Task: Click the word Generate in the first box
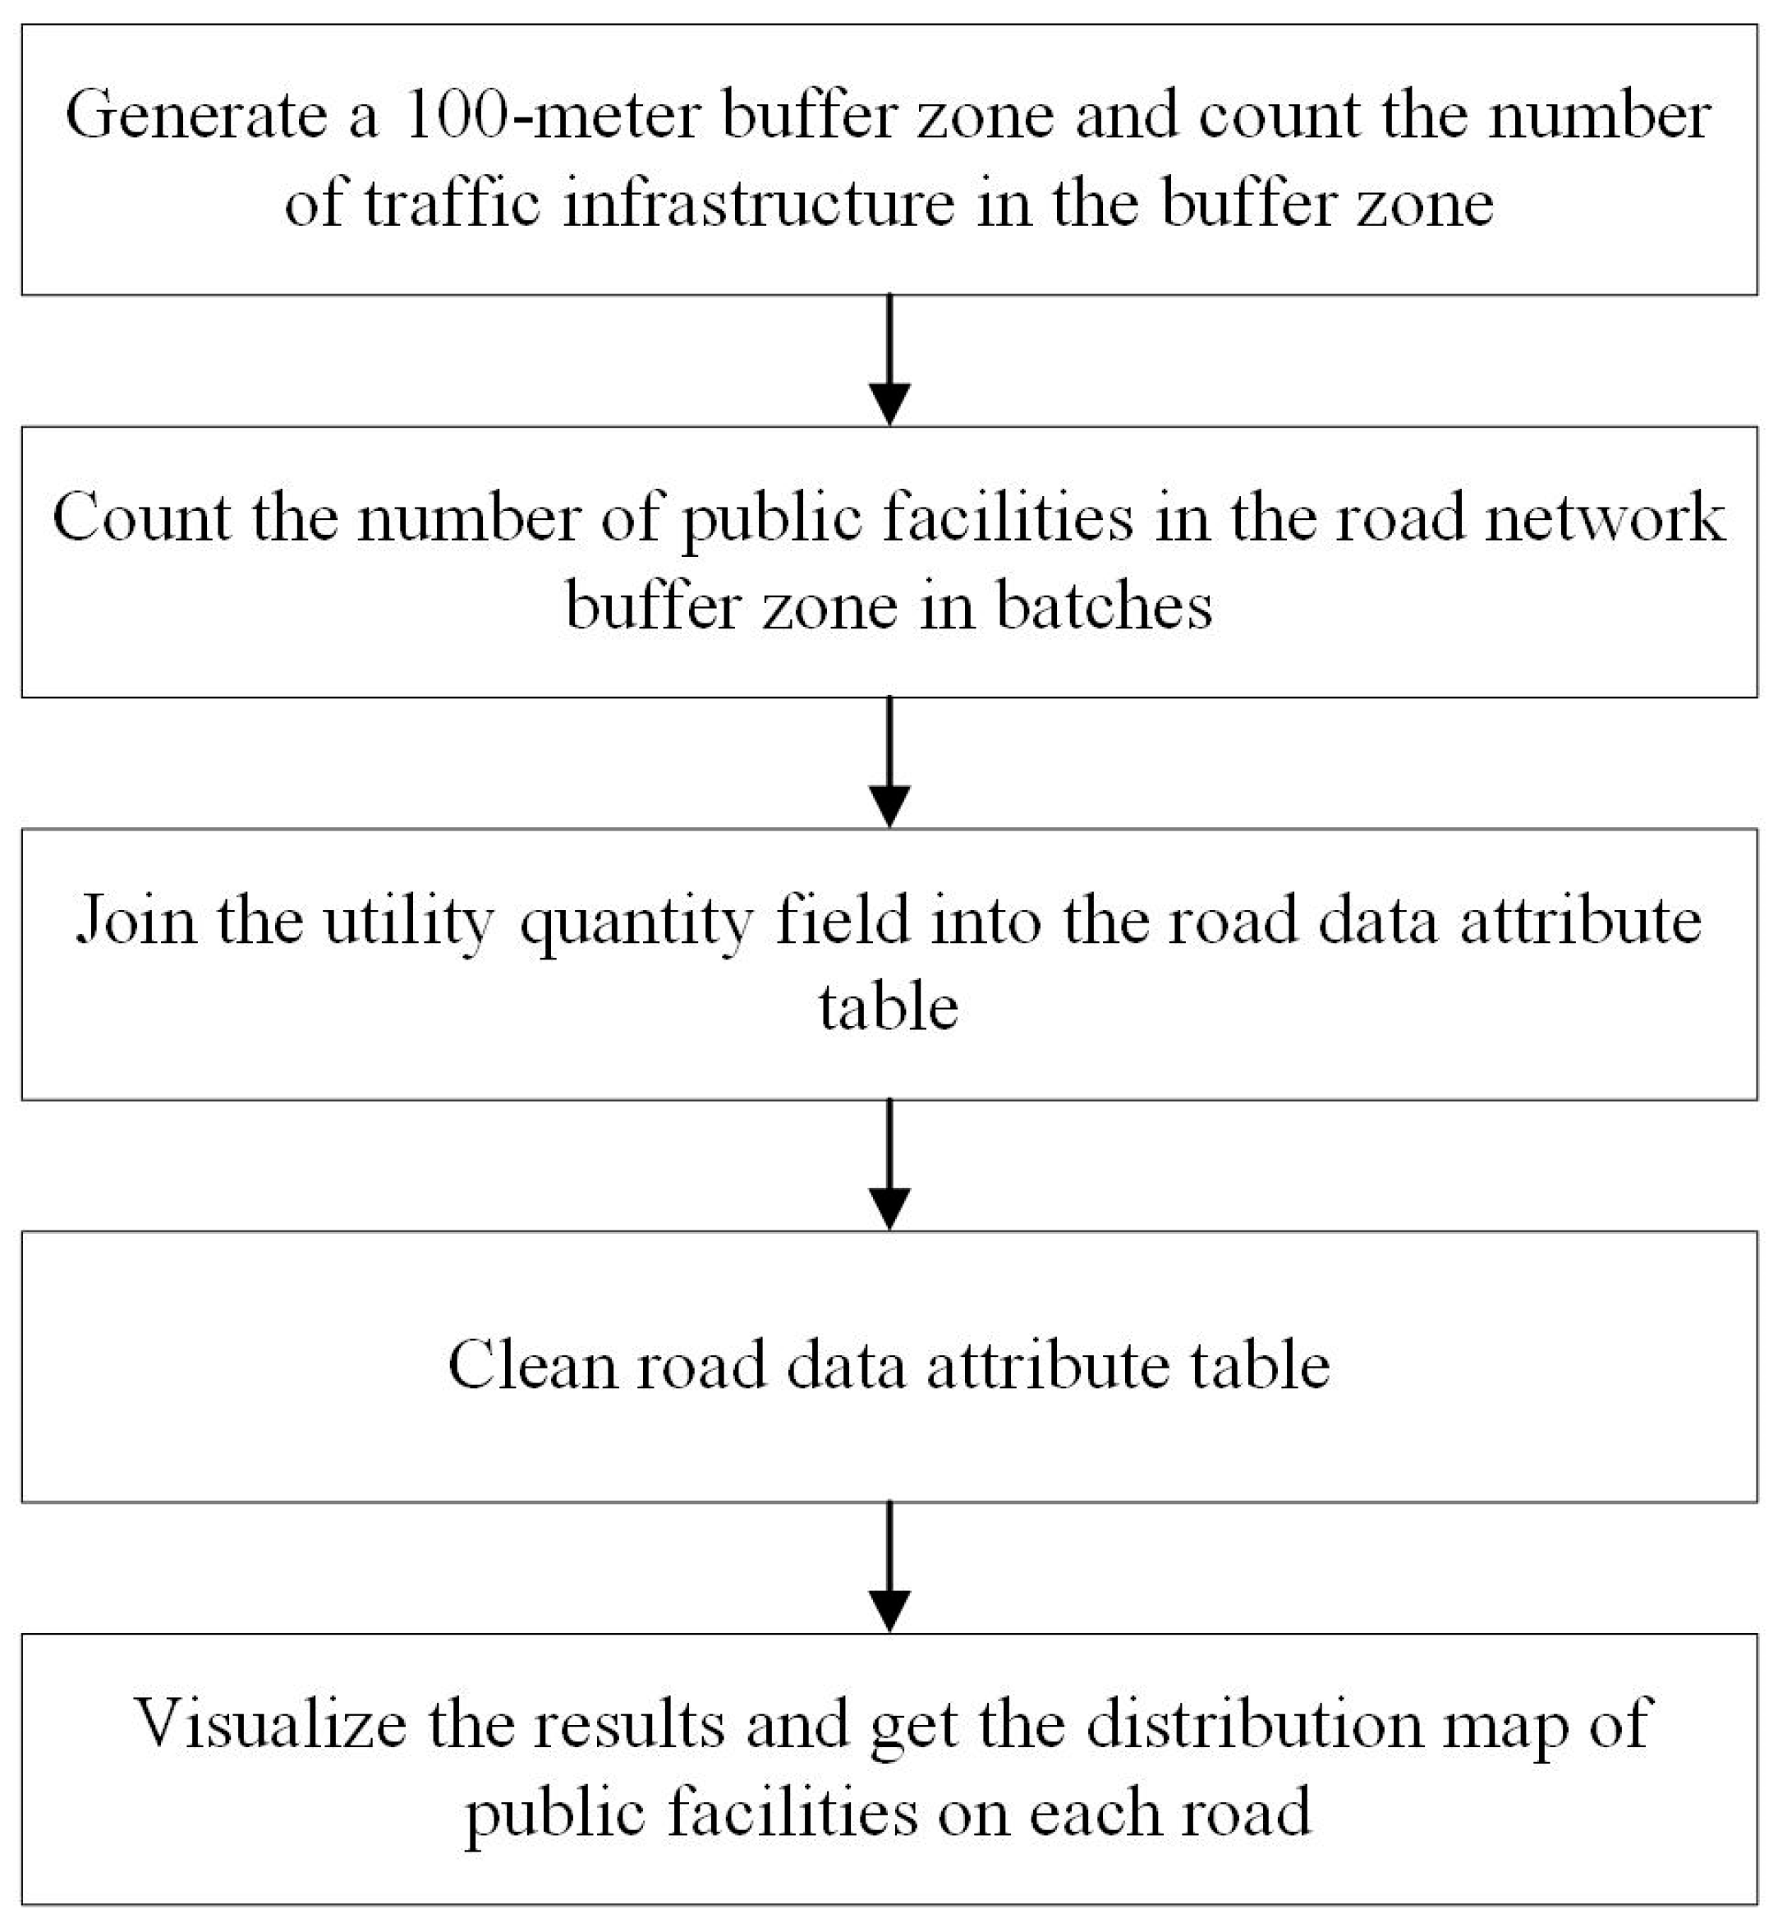coord(196,116)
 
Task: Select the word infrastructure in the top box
coord(758,204)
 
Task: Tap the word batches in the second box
coord(1104,607)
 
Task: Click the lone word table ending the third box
coord(888,1009)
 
